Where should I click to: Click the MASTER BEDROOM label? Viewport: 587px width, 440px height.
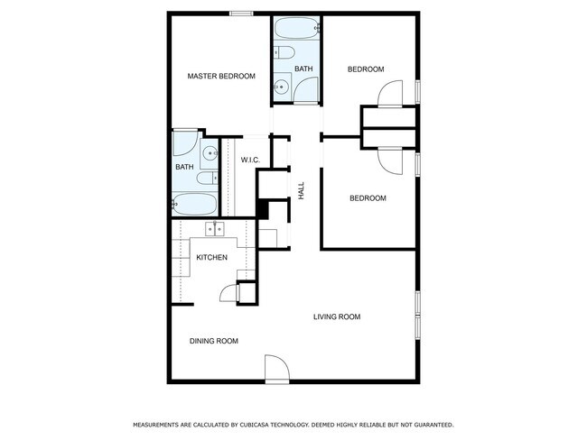pos(220,77)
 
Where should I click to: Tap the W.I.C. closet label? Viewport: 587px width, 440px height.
pos(250,160)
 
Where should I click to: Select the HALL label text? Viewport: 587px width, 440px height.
pos(302,190)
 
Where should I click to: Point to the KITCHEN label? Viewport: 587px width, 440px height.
pos(211,258)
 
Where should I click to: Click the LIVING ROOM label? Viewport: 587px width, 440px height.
pos(337,316)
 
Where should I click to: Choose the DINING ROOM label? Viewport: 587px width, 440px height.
pos(213,341)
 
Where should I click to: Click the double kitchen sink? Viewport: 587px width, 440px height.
pos(216,230)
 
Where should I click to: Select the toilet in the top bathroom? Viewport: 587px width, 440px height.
pos(283,53)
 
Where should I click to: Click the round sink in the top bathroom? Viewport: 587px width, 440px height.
pos(282,87)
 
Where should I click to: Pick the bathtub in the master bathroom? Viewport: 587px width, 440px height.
pos(195,203)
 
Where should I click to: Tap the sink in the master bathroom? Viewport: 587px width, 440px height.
pos(208,153)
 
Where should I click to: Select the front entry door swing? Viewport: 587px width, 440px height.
pos(275,367)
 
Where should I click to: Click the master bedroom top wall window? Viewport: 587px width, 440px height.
pos(240,13)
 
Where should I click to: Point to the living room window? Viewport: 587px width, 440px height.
pos(417,315)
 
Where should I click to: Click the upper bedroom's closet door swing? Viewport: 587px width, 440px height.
pos(389,93)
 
